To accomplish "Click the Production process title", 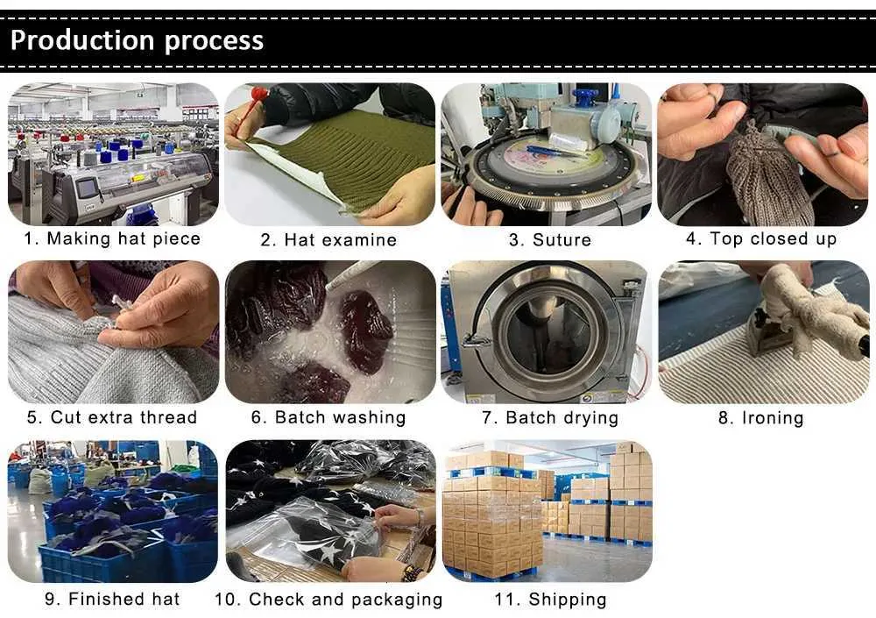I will point(138,40).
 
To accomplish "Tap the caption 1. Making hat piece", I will point(112,238).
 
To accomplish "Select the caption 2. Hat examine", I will point(328,239).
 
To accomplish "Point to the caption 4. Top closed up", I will point(761,238).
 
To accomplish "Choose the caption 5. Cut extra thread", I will point(112,417).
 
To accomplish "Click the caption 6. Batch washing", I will point(328,417).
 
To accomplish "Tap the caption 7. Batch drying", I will point(550,417).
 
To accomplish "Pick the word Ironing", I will point(773,418).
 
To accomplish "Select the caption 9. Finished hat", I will point(112,600).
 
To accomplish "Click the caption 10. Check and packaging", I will point(328,600).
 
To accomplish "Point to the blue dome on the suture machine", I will point(586,96).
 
